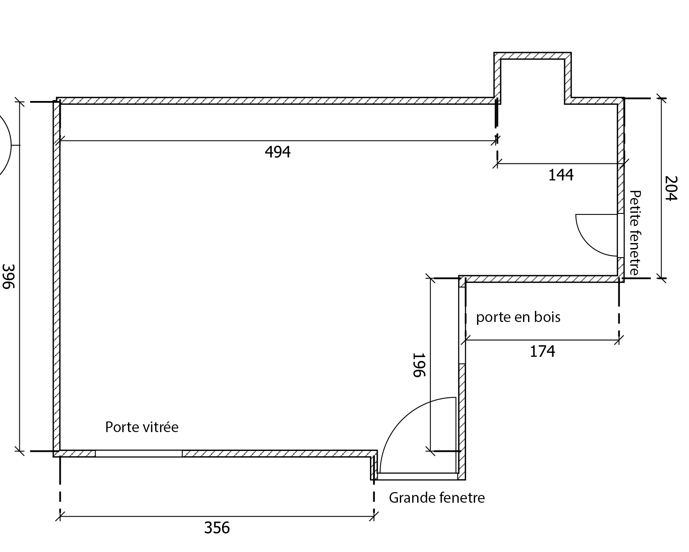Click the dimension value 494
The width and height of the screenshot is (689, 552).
[x=278, y=152]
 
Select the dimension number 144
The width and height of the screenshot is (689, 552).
[x=561, y=175]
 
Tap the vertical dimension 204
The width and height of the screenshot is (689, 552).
[x=670, y=188]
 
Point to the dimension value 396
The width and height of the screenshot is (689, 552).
[x=8, y=276]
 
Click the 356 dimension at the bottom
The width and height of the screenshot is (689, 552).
[x=217, y=528]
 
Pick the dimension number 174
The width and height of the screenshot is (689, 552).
[x=542, y=352]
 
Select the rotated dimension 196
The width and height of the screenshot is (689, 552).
[x=419, y=365]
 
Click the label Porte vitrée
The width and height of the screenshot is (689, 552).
[x=142, y=427]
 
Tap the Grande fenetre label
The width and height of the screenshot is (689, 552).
[x=437, y=498]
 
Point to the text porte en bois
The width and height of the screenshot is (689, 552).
[x=518, y=317]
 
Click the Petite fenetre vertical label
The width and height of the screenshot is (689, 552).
[x=635, y=232]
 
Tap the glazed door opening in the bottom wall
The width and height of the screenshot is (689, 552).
[x=138, y=453]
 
